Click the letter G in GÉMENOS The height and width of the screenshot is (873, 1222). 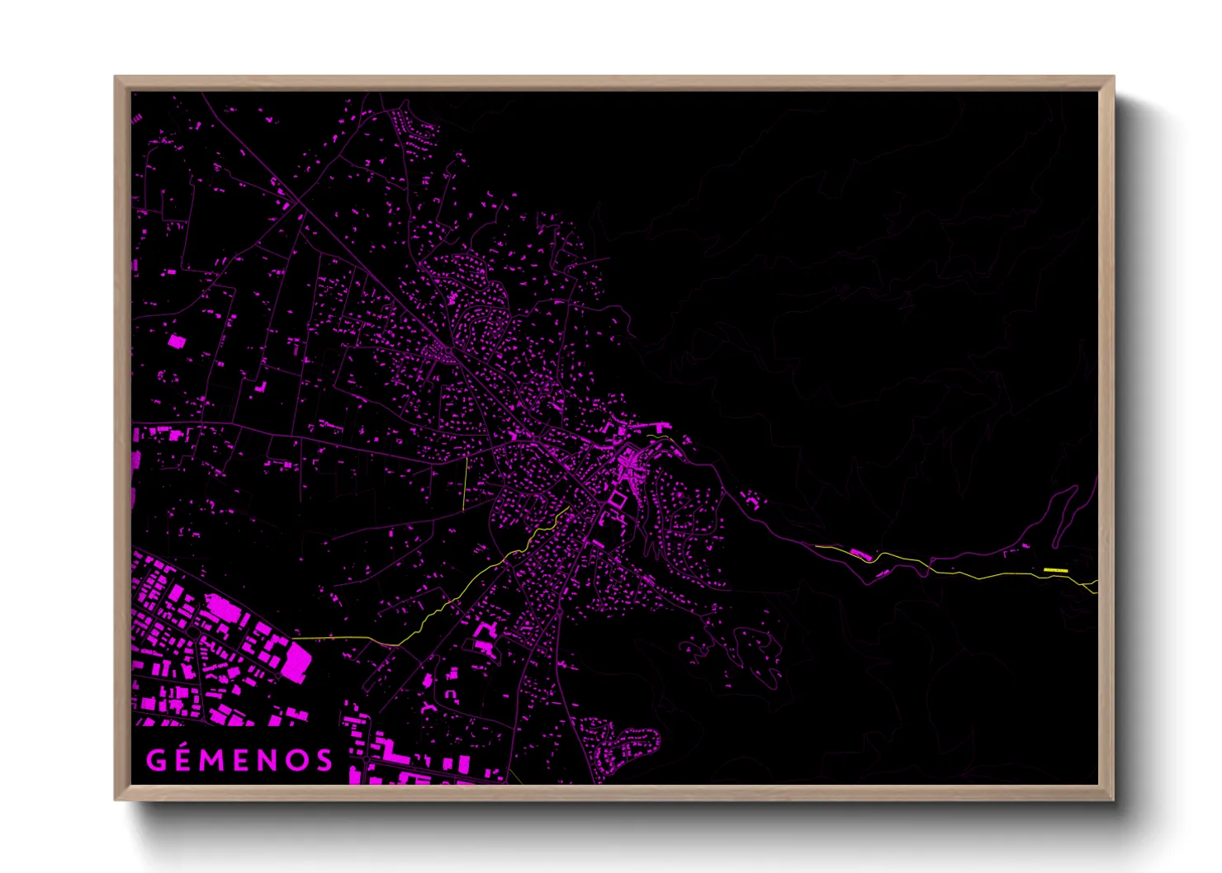(x=155, y=760)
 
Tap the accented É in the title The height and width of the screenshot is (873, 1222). (x=184, y=759)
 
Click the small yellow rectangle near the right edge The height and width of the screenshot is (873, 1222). (x=1055, y=570)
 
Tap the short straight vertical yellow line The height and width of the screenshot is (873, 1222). (x=465, y=483)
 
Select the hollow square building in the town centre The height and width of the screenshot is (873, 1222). (x=615, y=500)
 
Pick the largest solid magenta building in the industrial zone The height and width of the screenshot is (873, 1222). (x=295, y=659)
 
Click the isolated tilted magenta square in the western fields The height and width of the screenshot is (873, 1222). (x=176, y=341)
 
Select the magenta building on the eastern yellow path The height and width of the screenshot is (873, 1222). (x=859, y=554)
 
